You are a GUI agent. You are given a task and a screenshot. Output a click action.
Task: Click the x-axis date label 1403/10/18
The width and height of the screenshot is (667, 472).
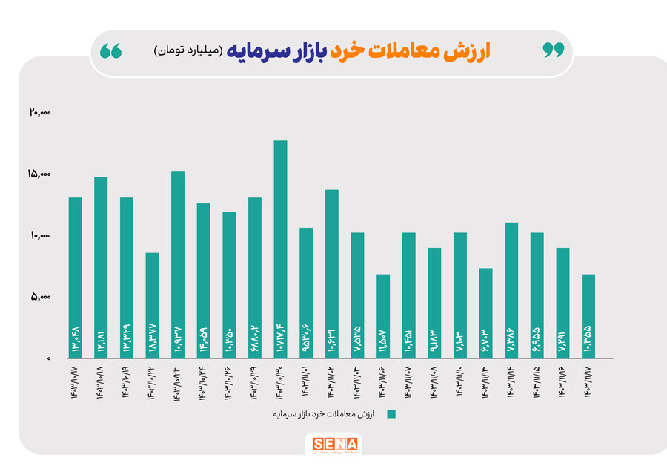(x=101, y=383)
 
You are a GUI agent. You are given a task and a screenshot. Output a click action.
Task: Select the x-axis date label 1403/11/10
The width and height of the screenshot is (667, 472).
(x=460, y=383)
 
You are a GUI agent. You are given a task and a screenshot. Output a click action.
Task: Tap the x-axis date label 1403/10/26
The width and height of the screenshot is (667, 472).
(x=229, y=383)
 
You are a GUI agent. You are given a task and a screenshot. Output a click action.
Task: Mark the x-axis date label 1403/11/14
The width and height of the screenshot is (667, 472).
(x=511, y=383)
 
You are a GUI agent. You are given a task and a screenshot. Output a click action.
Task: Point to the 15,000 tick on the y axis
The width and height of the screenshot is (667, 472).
(x=40, y=174)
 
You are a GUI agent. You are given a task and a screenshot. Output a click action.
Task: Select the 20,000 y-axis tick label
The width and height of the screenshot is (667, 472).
(x=40, y=113)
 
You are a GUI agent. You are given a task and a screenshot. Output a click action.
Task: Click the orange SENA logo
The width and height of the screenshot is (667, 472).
(x=334, y=445)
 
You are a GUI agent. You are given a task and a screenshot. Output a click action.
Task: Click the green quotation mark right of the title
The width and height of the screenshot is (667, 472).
(x=553, y=50)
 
